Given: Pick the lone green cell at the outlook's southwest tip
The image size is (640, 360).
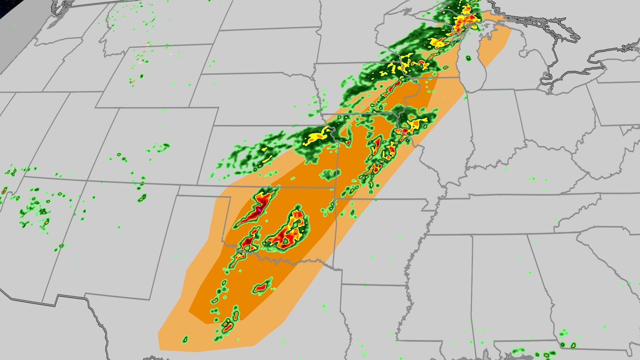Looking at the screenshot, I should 185,339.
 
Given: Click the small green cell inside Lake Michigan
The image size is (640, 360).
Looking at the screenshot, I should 468,59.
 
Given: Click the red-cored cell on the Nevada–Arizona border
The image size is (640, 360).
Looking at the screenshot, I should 4,191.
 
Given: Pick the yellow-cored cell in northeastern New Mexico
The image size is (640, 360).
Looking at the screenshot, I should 142,198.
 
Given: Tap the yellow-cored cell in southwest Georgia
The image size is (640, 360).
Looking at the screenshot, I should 562,345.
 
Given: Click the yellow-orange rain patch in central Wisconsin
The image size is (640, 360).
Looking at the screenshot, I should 438,42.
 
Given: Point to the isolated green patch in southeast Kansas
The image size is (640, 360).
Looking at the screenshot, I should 330,174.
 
